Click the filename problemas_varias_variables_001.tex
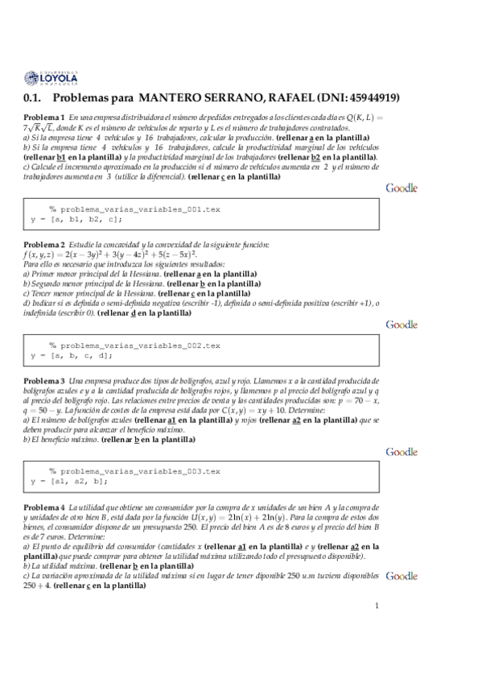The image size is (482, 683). [134, 209]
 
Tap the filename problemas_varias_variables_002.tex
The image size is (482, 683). [134, 345]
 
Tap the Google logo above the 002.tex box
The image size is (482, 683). [402, 325]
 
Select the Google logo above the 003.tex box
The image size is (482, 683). [402, 453]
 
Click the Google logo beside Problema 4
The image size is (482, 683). [402, 576]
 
